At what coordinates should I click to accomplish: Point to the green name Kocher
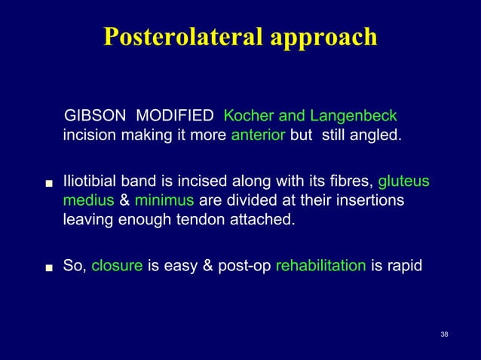[250, 117]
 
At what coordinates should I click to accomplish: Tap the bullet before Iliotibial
[48, 183]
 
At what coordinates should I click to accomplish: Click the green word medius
[87, 202]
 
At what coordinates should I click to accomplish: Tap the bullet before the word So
[48, 267]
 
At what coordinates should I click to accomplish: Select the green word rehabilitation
[322, 265]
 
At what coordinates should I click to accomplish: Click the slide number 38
[444, 333]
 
